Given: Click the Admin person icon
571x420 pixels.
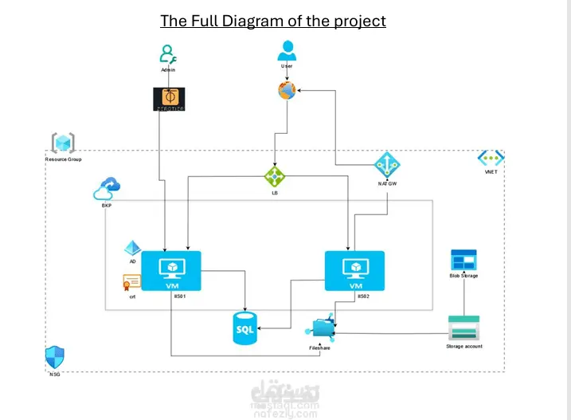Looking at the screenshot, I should pos(167,55).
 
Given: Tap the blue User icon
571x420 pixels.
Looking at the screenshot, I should pos(287,51).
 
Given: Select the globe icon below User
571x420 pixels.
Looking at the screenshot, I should pos(287,91).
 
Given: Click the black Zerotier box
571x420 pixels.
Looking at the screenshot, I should pos(168,99).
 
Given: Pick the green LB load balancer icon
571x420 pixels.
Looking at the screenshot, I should pos(275,175).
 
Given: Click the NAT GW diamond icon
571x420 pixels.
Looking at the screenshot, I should pos(387,165).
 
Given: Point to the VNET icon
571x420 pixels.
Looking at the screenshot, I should pos(491,159).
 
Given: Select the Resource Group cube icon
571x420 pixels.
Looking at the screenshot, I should pos(63,143).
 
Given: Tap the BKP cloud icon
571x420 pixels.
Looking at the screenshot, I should pos(107,190).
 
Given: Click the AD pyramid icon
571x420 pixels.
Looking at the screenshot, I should pos(132,249).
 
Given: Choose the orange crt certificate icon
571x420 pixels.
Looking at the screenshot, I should pos(131,281).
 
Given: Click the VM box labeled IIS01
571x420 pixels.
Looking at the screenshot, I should pos(171,272).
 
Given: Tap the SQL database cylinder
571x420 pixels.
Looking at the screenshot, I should pos(245,328).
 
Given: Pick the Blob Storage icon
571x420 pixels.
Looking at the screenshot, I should pos(463,260).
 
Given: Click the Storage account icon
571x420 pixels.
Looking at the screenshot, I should pos(463,328).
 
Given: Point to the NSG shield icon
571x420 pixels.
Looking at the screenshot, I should pos(54,357).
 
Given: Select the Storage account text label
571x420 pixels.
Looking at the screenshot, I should pos(463,347).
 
